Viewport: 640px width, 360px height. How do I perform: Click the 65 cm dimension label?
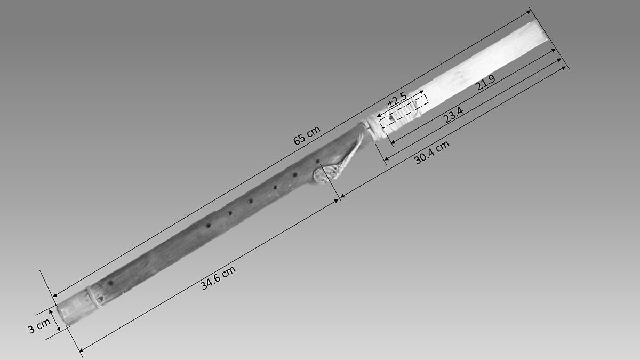307,135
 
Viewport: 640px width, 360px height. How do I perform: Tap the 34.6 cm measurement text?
218,278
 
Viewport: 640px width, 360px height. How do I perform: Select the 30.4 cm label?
432,153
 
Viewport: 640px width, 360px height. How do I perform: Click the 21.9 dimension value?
486,82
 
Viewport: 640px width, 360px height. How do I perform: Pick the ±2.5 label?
397,100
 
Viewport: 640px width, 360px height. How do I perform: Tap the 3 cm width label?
39,326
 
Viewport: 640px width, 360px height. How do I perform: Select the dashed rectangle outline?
404,111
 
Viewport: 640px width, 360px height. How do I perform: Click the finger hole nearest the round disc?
317,162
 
